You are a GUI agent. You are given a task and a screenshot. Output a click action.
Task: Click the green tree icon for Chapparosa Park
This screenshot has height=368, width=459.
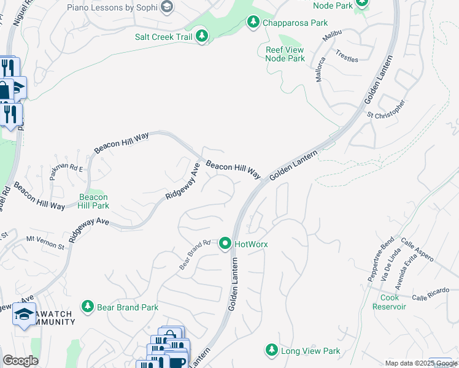click(253, 23)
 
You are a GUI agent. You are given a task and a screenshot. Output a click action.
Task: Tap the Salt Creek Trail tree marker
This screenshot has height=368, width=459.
click(202, 37)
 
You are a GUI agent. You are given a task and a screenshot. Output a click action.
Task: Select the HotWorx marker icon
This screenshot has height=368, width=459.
click(225, 244)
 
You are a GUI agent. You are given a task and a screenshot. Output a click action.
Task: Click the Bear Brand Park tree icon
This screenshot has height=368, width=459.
click(88, 307)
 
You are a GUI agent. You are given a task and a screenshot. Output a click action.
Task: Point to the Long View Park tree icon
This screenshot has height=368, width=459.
click(271, 351)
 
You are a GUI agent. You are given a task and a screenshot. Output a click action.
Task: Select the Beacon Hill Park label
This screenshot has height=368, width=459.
click(94, 201)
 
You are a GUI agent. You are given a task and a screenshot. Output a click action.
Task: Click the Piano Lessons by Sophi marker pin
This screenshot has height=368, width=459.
click(166, 7)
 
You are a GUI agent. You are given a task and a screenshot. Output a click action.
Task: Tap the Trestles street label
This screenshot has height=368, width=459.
click(347, 56)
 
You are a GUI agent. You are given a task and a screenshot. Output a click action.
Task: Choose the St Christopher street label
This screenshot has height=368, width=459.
click(386, 109)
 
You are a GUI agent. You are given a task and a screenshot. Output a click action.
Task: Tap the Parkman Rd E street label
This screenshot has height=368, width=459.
click(67, 171)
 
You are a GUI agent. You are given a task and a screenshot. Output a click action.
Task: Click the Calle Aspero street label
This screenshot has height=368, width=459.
click(417, 250)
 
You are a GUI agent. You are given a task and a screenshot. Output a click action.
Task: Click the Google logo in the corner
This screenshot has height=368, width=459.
click(20, 361)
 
